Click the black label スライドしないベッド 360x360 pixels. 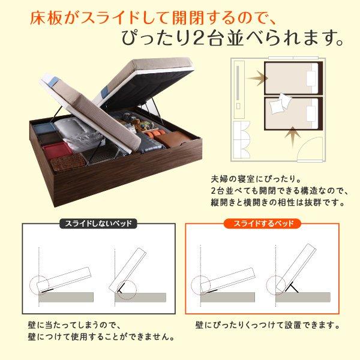pyautogui.click(x=98, y=225)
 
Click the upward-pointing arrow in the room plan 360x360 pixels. pyautogui.click(x=292, y=135)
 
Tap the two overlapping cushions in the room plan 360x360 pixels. pyautogui.click(x=280, y=106)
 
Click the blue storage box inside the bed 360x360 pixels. pyautogui.click(x=44, y=128)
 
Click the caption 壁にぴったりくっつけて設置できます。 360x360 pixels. pyautogui.click(x=268, y=326)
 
